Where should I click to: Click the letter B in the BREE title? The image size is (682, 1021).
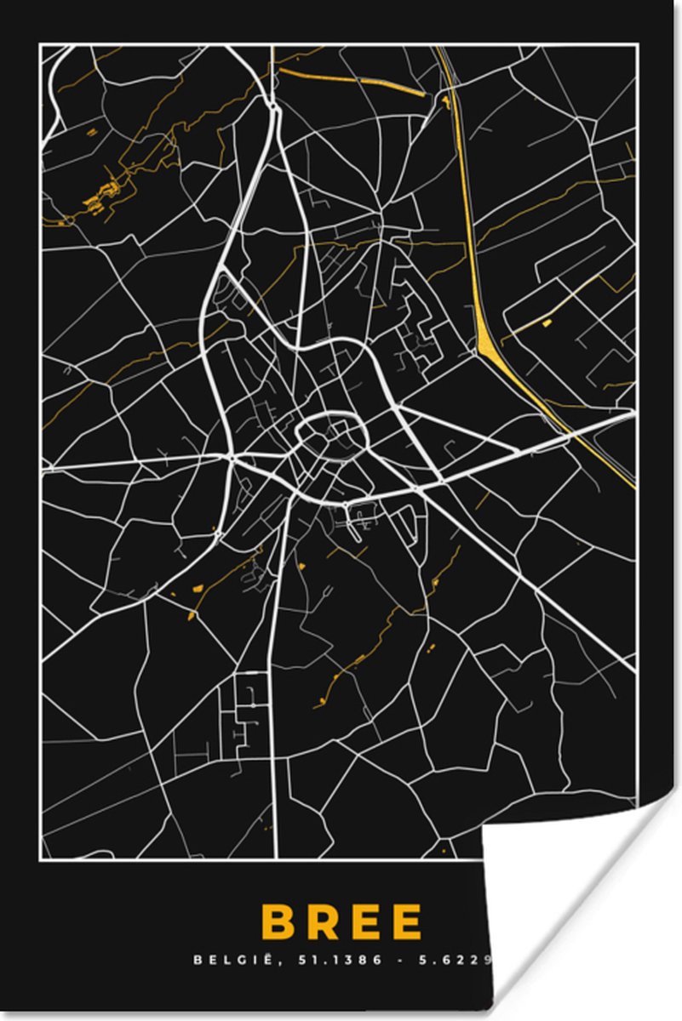click(x=278, y=921)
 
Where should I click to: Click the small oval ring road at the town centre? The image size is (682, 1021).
click(x=329, y=433)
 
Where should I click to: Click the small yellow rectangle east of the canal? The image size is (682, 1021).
click(x=545, y=323)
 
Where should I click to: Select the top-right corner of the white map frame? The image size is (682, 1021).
click(x=637, y=46)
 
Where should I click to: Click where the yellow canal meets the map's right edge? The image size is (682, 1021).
click(x=634, y=488)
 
